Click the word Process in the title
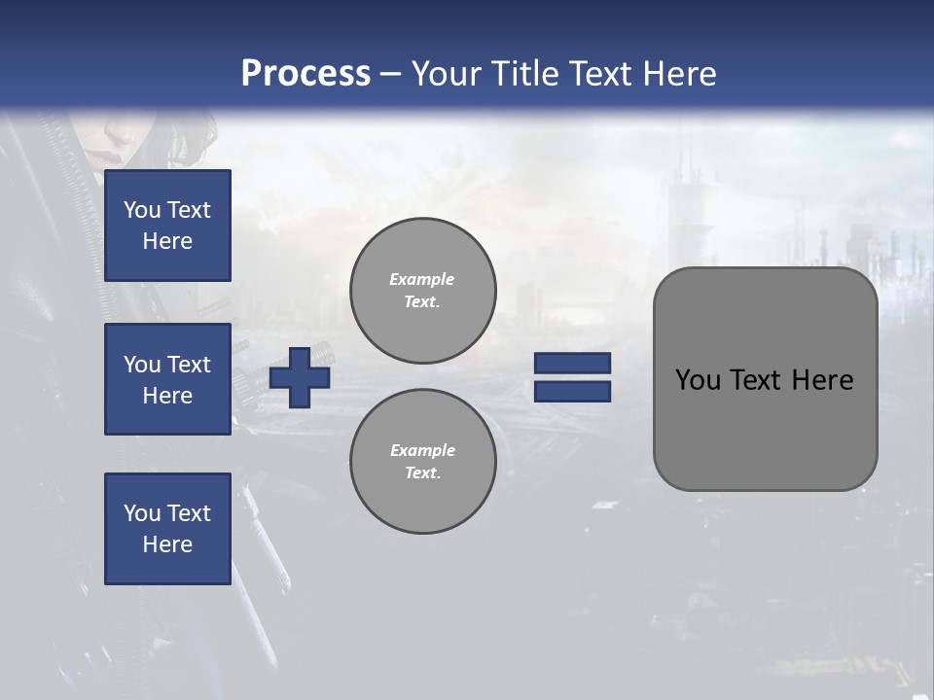pyautogui.click(x=305, y=74)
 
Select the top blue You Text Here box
pyautogui.click(x=167, y=226)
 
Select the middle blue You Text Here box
pyautogui.click(x=167, y=379)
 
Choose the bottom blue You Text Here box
pyautogui.click(x=167, y=529)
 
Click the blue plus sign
pyautogui.click(x=300, y=378)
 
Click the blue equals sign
pyautogui.click(x=572, y=377)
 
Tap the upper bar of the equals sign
pyautogui.click(x=572, y=364)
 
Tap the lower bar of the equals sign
pyautogui.click(x=572, y=392)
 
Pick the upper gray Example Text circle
pyautogui.click(x=422, y=291)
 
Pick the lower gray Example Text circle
pyautogui.click(x=422, y=462)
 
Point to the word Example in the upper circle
pyautogui.click(x=422, y=279)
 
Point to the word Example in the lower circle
pyautogui.click(x=422, y=450)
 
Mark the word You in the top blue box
pyautogui.click(x=141, y=210)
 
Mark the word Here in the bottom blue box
pyautogui.click(x=167, y=544)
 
